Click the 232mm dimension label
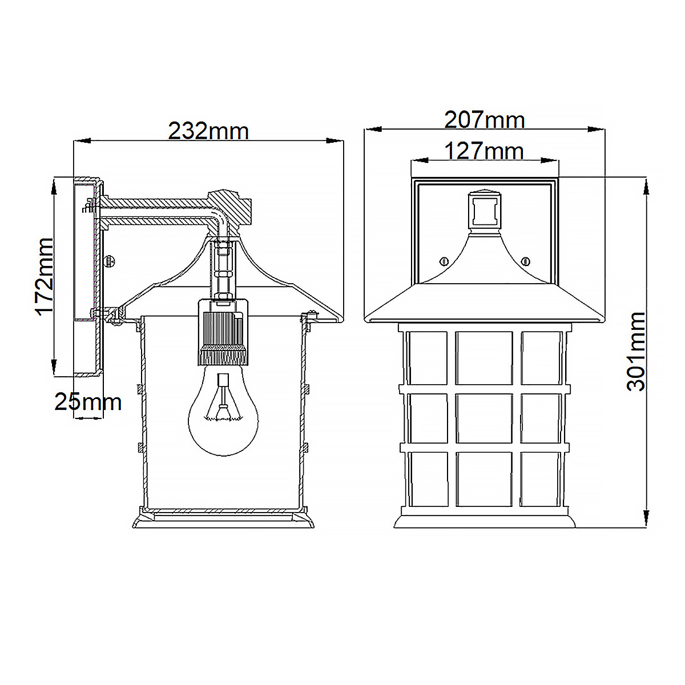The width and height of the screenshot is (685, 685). tap(208, 131)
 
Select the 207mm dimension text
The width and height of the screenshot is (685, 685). tap(484, 120)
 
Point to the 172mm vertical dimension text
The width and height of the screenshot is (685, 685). tap(45, 277)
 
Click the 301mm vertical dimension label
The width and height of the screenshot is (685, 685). tap(636, 351)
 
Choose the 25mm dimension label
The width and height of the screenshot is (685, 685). tap(88, 402)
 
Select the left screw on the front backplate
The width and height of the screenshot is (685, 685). tap(443, 261)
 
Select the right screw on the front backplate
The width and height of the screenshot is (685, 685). tap(525, 261)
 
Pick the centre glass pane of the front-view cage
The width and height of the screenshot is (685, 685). tap(484, 419)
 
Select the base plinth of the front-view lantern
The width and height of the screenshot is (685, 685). tap(484, 521)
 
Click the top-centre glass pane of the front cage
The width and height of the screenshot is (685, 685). tap(484, 357)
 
